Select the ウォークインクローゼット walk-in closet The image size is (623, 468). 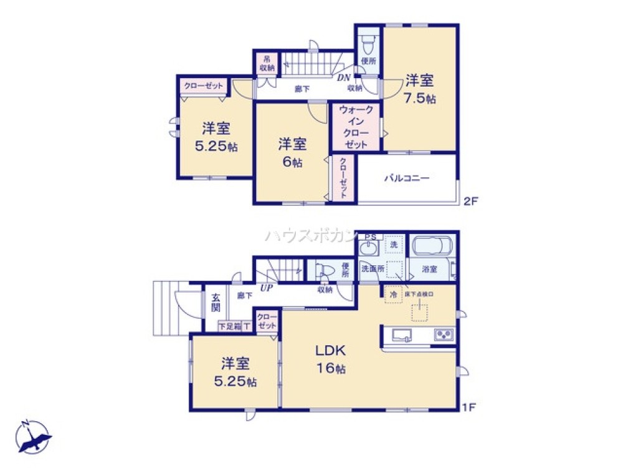tap(356, 127)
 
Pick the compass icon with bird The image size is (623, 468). tap(32, 436)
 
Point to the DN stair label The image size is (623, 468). tap(344, 78)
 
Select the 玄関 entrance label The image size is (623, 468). tap(214, 303)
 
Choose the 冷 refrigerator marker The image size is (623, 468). tap(393, 293)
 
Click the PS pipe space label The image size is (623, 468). tap(370, 237)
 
